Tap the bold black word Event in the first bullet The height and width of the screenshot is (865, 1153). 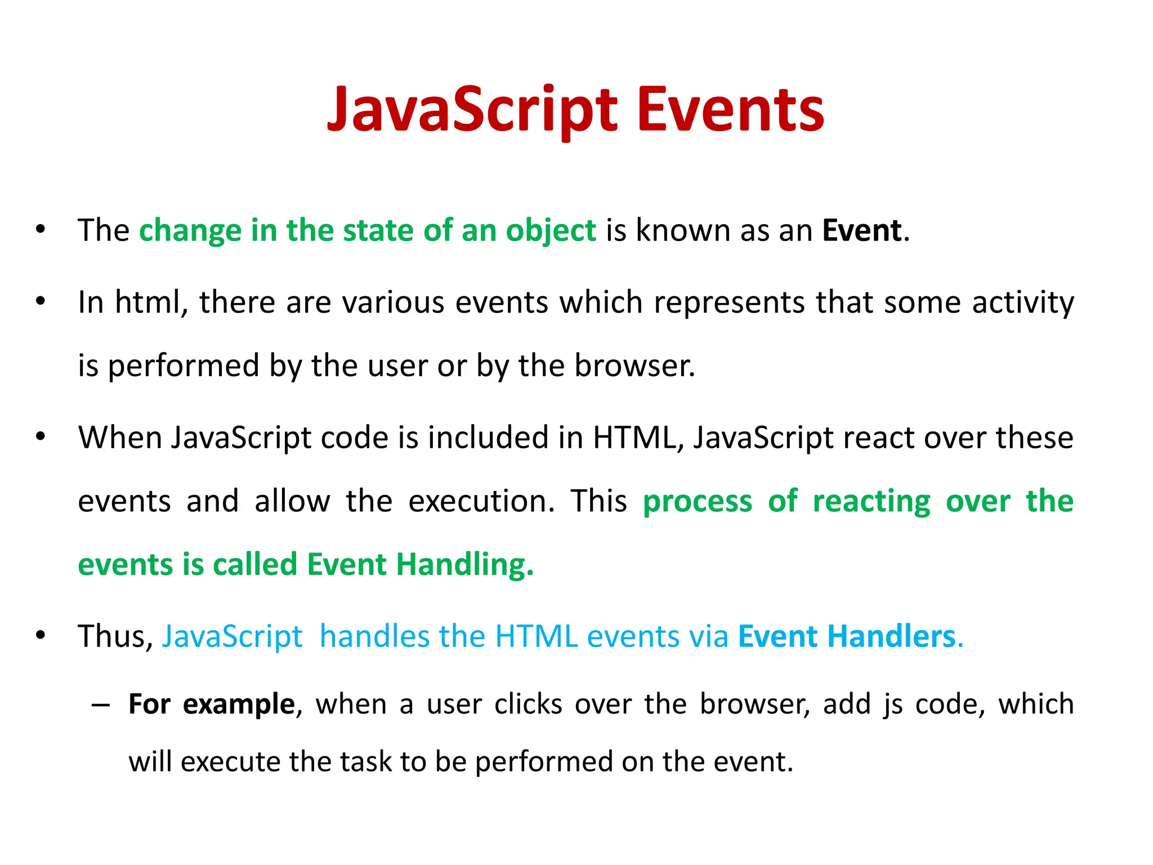pos(861,230)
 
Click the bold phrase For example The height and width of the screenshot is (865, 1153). pos(211,705)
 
